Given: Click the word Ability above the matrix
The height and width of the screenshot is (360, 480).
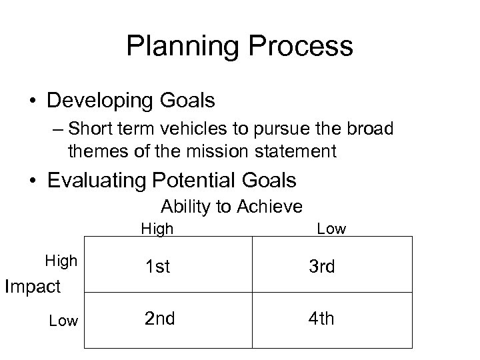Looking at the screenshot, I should pos(184,207).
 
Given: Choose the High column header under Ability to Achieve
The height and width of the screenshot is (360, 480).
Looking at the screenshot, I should pos(157,229).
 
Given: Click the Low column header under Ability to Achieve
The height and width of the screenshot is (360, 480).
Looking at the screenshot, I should pos(331,229).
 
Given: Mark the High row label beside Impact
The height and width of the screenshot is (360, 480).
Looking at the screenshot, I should pos(61,261).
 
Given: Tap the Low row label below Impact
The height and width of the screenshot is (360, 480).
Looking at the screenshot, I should pos(63,321).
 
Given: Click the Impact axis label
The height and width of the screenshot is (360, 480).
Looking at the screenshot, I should pos(33,287).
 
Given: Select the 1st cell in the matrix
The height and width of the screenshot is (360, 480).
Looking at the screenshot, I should pos(158,267).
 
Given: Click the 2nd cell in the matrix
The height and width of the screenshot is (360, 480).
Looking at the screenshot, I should pos(160,319).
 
